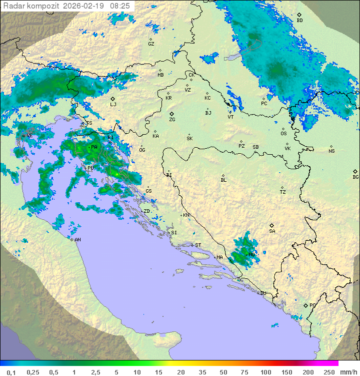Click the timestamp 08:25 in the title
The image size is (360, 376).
point(120,6)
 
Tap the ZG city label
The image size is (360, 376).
point(172,120)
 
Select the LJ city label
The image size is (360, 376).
point(113,105)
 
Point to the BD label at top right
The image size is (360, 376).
point(299,21)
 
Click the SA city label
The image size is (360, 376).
point(272,231)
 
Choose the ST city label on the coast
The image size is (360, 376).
point(198,245)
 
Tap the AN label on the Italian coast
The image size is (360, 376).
point(78,240)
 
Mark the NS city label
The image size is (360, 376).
point(331,151)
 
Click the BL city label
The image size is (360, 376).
point(223,180)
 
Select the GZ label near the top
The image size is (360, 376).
point(151,44)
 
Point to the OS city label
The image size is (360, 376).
point(283,134)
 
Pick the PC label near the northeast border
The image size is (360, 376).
point(264,104)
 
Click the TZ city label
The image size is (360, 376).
point(283,192)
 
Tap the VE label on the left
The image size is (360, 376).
point(29,136)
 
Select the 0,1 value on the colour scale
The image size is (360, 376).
point(11,372)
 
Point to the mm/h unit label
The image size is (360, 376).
point(348,372)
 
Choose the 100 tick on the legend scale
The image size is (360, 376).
point(265,372)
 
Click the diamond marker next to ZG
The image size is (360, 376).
point(171,114)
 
